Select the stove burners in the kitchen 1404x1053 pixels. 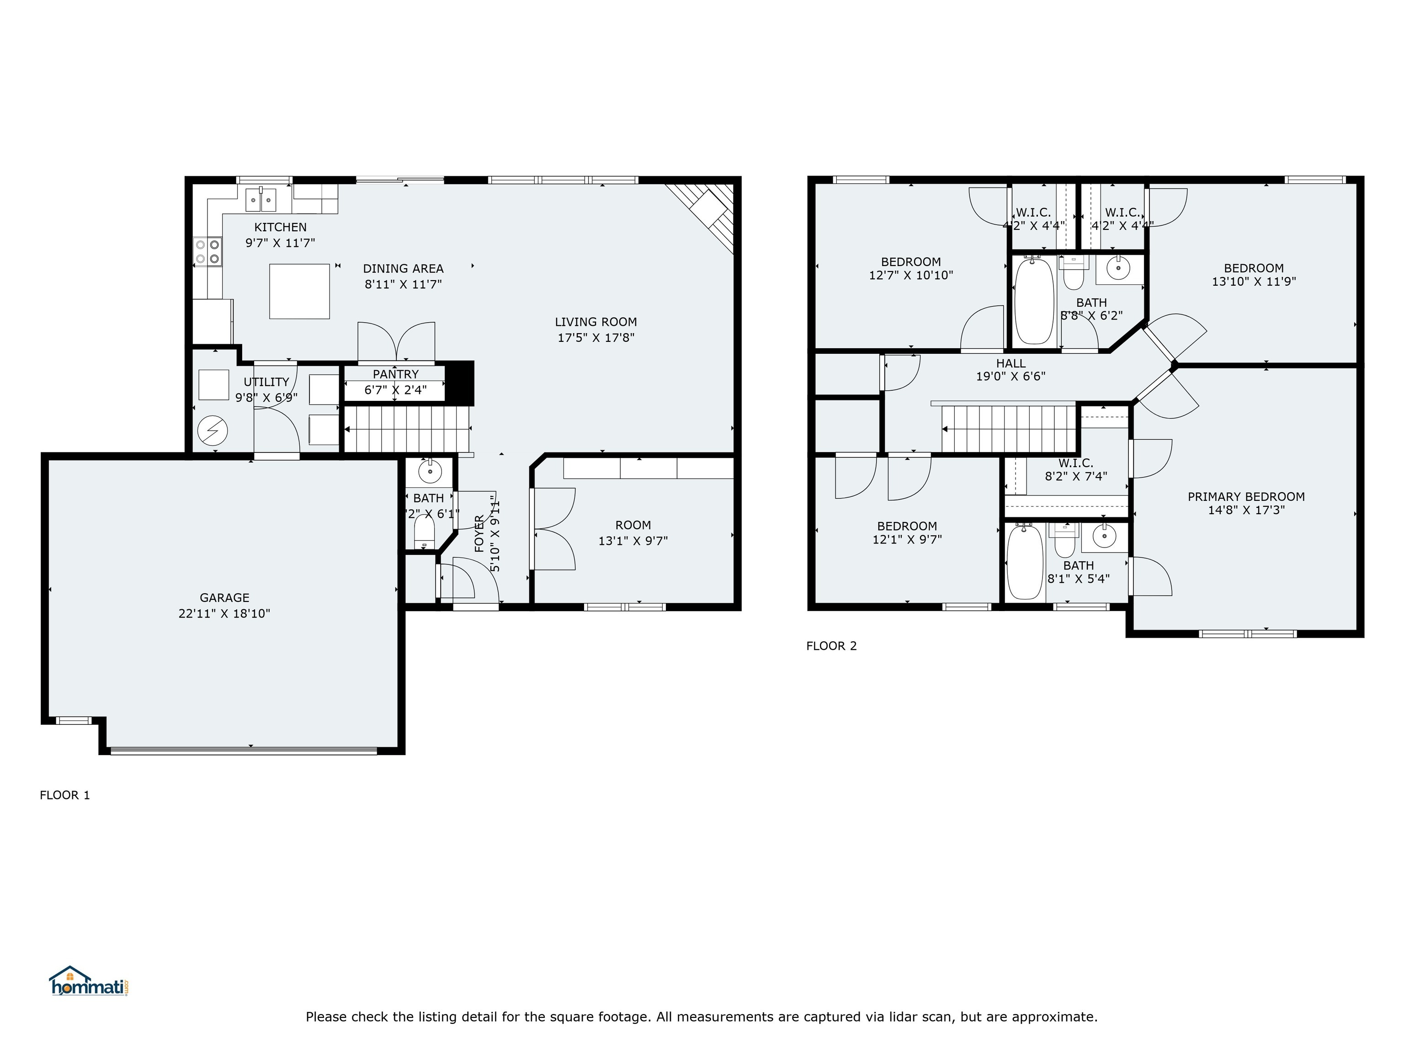tap(207, 251)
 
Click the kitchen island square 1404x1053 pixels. tap(299, 291)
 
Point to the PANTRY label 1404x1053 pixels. tap(395, 374)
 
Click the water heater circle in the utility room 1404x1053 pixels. tap(212, 431)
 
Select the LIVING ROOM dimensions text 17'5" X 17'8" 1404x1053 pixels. tap(596, 338)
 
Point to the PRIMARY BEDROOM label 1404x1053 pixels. tap(1246, 496)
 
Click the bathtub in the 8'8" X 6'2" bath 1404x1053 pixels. tap(1034, 302)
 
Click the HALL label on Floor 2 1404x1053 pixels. tap(1010, 363)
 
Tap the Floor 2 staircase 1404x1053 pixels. tap(1009, 429)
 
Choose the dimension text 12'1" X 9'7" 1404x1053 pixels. tap(907, 539)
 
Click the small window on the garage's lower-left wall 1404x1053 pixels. tap(74, 720)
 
